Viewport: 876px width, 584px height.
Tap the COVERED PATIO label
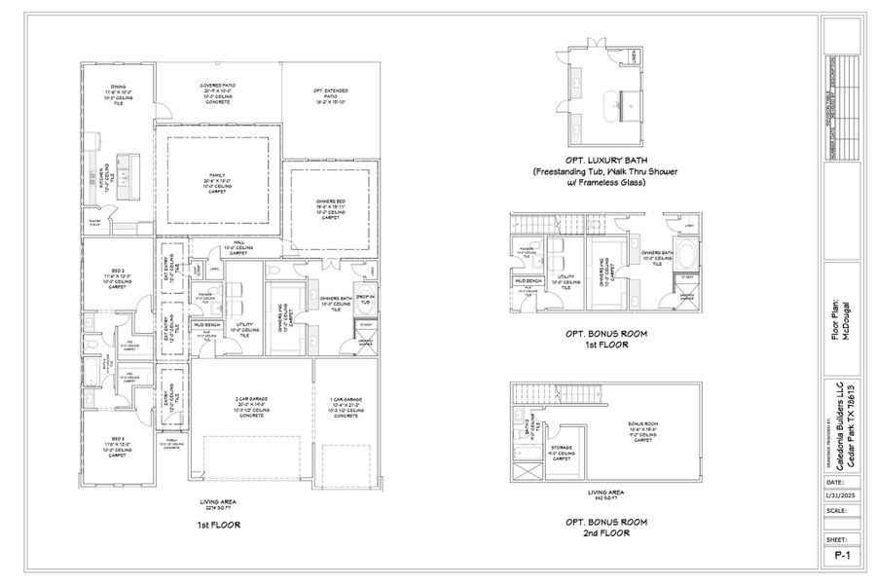pos(216,85)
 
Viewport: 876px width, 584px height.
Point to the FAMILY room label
pos(216,175)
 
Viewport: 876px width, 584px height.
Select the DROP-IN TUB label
pos(366,297)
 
